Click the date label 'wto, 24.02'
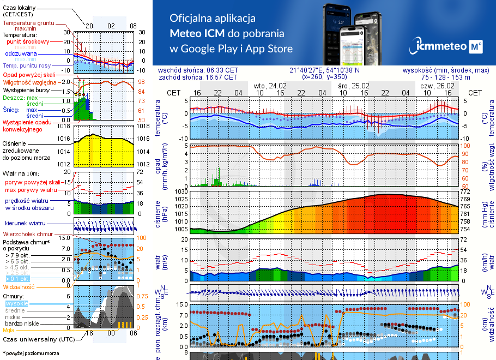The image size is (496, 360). pos(270,86)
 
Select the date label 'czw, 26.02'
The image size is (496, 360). pos(438,86)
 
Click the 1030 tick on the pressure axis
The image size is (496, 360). pos(182,192)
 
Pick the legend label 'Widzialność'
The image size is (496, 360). pos(19,286)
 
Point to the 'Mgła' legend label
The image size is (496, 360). pos(9,330)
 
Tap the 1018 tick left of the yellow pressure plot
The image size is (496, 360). pos(65,126)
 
